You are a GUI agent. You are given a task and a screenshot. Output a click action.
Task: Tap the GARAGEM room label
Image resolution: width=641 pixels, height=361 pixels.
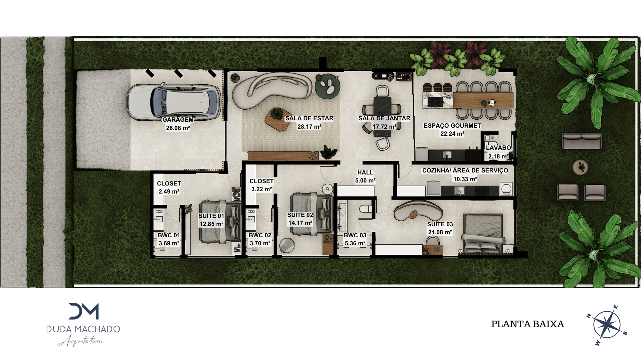[x=178, y=120]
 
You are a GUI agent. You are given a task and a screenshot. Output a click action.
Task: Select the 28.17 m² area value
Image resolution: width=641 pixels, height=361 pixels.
[x=309, y=127]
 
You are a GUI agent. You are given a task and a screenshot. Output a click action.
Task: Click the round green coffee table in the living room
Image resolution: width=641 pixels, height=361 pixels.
[x=328, y=86]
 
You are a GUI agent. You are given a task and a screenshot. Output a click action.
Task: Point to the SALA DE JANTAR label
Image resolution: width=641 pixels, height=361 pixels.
[x=384, y=118]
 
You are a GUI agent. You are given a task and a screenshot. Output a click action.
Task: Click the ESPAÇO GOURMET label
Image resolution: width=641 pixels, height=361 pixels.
[x=452, y=126]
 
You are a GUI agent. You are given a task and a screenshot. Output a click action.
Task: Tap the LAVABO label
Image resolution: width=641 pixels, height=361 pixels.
[x=498, y=148]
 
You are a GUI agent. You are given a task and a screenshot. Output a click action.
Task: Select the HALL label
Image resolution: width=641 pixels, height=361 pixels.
[x=365, y=172]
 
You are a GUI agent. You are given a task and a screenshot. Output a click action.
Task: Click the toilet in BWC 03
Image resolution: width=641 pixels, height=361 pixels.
[x=366, y=209]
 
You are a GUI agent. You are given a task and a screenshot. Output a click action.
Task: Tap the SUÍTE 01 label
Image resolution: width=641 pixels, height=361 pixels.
[x=211, y=216]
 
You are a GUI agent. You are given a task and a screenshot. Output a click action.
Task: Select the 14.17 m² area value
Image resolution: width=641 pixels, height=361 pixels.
[x=300, y=223]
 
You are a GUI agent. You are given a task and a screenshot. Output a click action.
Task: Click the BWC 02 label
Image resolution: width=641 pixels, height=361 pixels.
[x=260, y=235]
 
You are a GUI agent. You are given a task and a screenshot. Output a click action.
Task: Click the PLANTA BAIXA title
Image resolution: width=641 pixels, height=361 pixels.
[x=527, y=324]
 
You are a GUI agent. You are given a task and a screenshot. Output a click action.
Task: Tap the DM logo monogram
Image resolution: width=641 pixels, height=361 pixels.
[x=84, y=311]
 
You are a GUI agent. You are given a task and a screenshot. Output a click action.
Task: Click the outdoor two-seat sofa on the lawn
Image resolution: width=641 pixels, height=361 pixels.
[x=582, y=141]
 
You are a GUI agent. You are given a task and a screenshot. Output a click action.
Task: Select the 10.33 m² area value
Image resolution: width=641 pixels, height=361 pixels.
[x=465, y=179]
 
